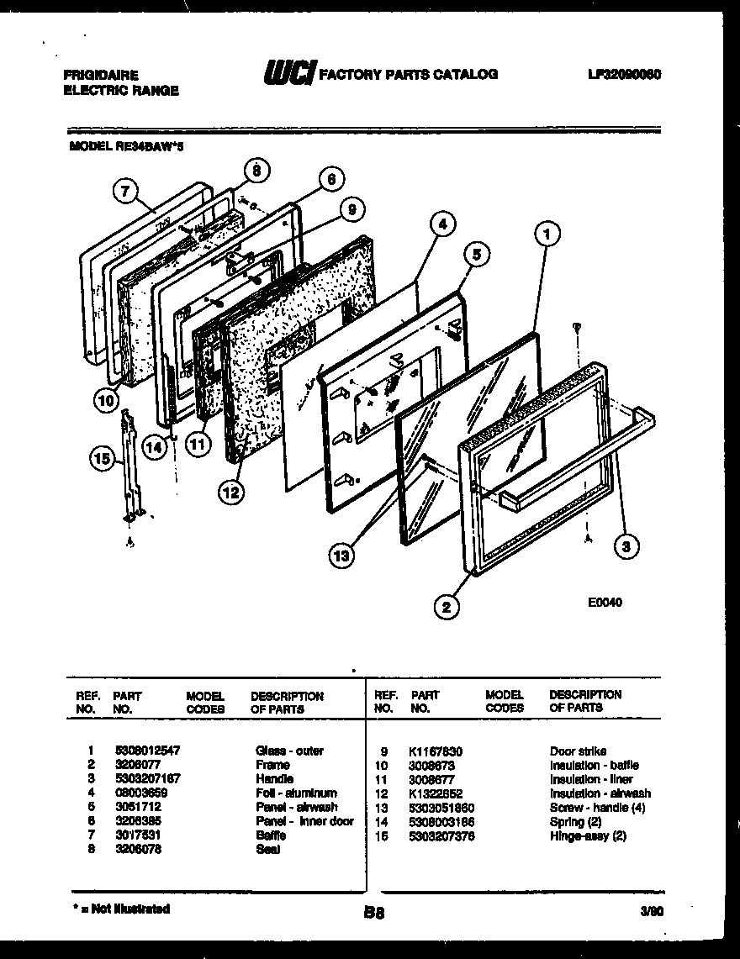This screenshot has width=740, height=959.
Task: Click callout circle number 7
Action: tap(124, 192)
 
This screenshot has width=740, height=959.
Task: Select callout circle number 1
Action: tap(546, 236)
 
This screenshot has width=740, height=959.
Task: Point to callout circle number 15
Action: tap(102, 458)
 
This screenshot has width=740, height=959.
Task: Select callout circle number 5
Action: tap(476, 255)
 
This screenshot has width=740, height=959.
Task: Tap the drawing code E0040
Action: tap(605, 602)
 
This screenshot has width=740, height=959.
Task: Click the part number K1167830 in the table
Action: tap(436, 751)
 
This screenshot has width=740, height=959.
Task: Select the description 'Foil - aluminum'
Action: tap(296, 793)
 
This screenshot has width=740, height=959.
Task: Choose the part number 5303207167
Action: tap(147, 779)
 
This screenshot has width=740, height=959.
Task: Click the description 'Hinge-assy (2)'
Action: tap(588, 835)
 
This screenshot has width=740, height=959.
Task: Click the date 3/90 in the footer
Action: tap(650, 910)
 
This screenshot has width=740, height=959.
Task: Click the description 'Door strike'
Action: tap(578, 751)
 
